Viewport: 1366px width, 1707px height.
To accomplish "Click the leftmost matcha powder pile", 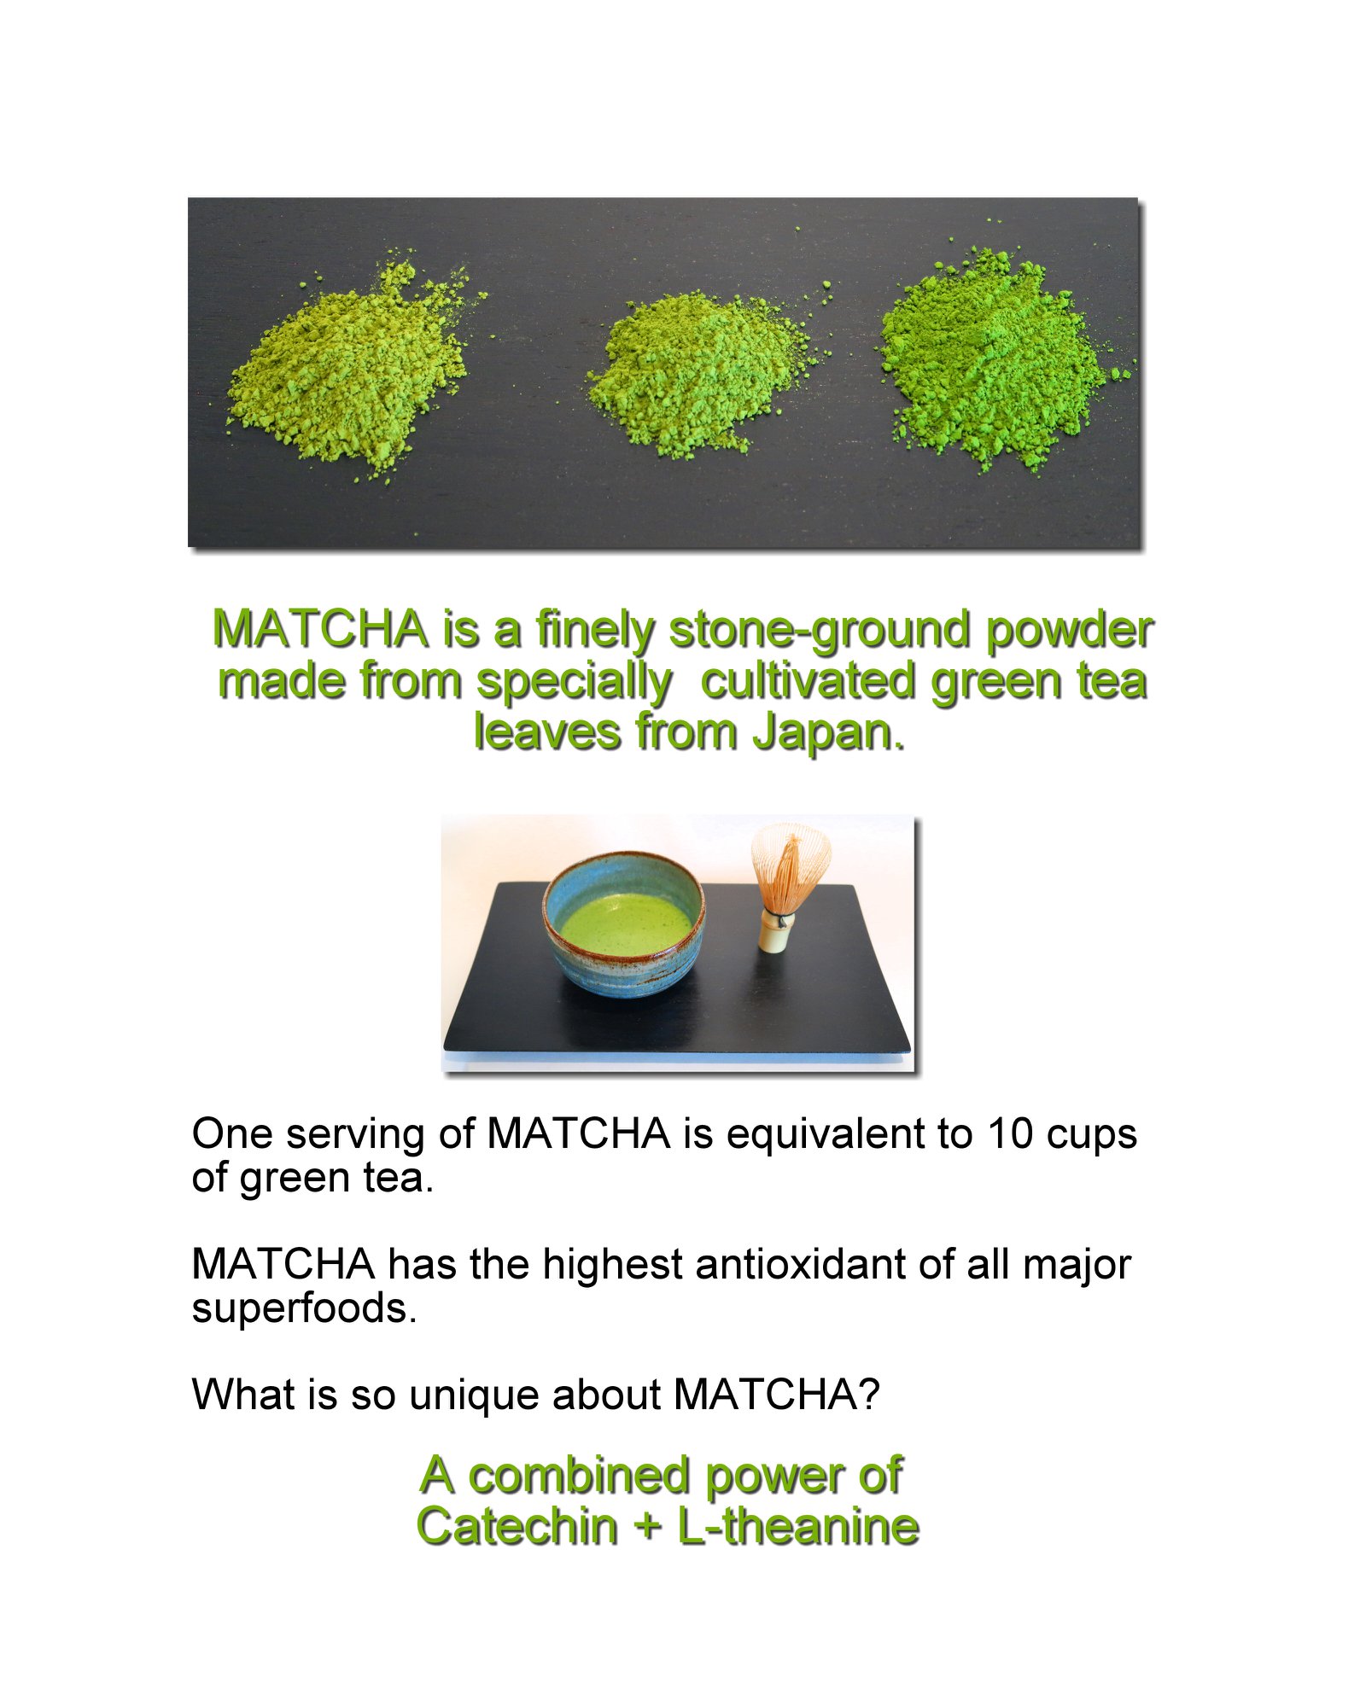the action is (350, 367).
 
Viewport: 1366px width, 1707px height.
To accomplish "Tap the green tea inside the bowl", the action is (626, 924).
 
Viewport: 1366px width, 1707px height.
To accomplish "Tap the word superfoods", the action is (304, 1309).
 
